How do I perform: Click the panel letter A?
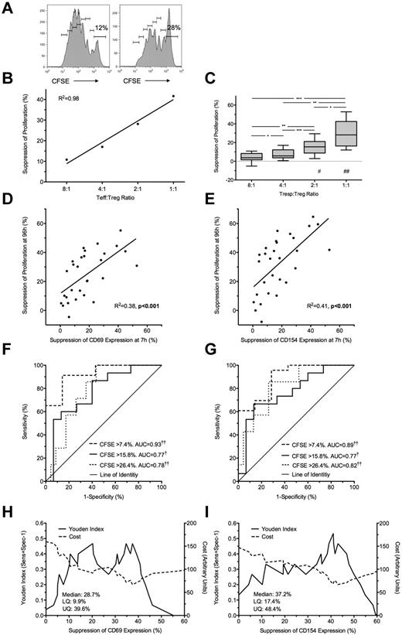coord(7,7)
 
